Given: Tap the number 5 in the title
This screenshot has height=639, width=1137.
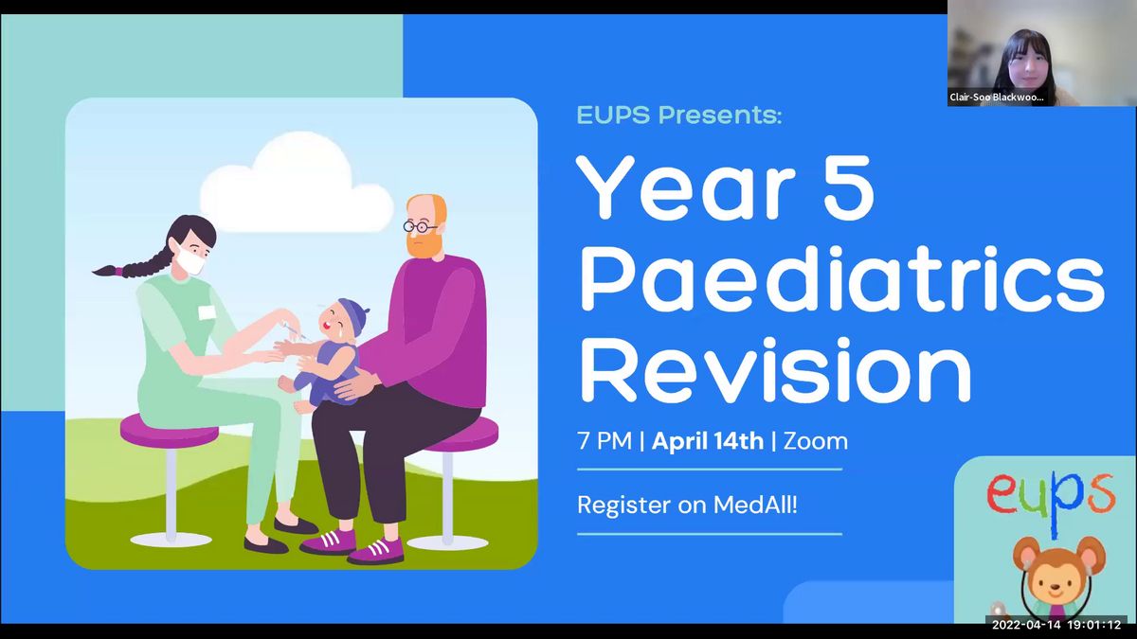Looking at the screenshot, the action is [848, 188].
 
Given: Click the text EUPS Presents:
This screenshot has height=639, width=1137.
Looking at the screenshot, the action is [679, 115].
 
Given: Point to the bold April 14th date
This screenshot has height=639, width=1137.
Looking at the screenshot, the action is [708, 441].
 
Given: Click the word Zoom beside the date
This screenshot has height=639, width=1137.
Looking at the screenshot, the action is [815, 441].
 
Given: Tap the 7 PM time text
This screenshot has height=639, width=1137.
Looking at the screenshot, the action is [605, 441].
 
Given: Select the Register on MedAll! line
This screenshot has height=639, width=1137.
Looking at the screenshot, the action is [687, 506].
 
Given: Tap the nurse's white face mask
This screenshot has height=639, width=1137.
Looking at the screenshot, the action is [189, 259].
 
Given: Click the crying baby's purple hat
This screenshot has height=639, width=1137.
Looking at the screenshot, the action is [352, 314].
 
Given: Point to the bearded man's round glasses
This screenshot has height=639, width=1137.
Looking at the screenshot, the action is [421, 226].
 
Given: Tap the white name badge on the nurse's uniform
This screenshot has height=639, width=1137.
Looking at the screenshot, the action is [207, 312].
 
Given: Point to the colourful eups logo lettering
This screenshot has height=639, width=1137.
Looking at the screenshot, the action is [1051, 501].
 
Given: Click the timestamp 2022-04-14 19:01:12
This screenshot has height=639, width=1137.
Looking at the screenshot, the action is [1056, 625].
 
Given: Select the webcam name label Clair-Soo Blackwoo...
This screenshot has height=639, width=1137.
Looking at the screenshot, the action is [997, 97].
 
